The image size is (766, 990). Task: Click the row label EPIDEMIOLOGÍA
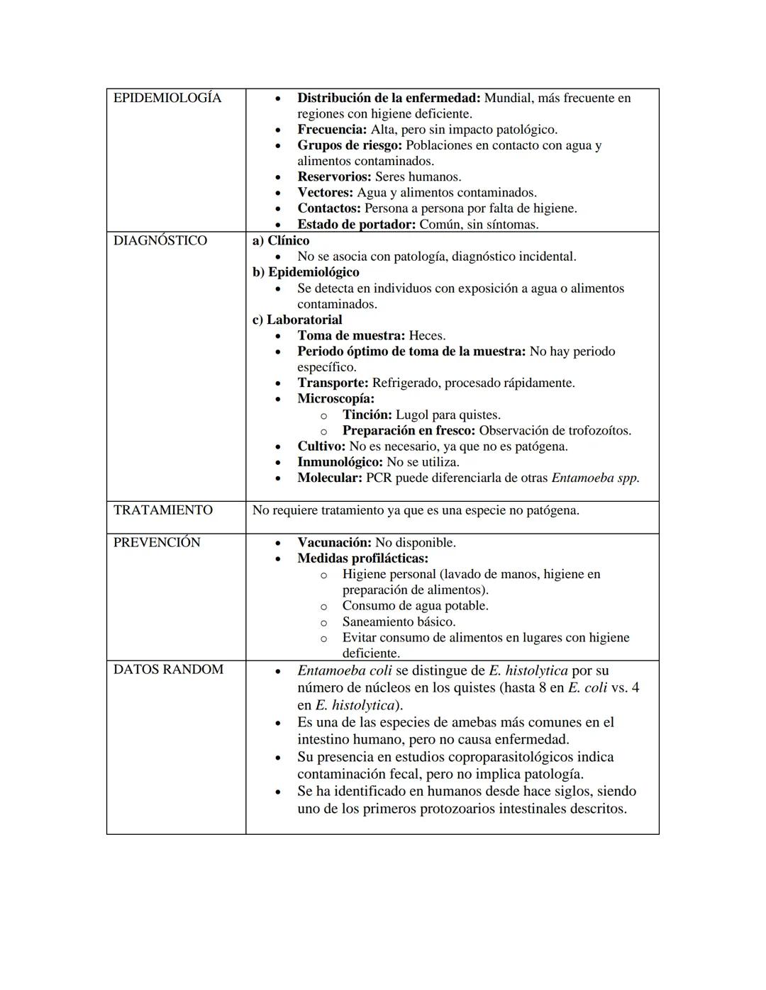(x=167, y=98)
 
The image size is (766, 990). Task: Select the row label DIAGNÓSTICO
(x=160, y=241)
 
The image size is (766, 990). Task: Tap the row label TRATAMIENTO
(x=162, y=510)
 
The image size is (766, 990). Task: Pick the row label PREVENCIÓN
(x=157, y=543)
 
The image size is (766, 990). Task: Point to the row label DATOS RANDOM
(x=168, y=670)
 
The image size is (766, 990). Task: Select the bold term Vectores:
(x=325, y=193)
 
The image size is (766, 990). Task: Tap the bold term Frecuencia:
(x=332, y=130)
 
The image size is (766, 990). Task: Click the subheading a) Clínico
(x=281, y=241)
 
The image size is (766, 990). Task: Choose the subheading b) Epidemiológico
(x=306, y=272)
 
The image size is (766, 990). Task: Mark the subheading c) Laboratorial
(x=297, y=320)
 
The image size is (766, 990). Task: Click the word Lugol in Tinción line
(x=412, y=415)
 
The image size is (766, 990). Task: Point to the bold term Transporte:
(x=333, y=383)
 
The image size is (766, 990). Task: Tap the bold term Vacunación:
(x=334, y=543)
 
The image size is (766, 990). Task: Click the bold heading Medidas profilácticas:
(x=362, y=558)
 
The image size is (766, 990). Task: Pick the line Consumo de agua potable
(x=415, y=606)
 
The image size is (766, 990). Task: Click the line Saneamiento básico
(x=399, y=621)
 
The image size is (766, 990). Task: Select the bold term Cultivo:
(x=321, y=446)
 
